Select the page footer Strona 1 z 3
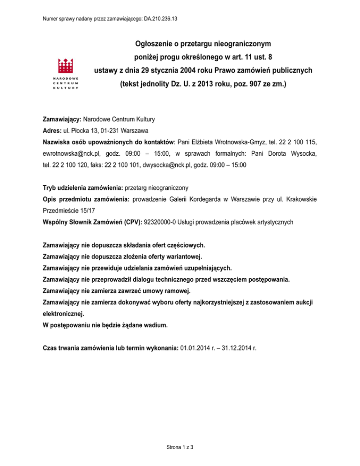click(180, 447)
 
